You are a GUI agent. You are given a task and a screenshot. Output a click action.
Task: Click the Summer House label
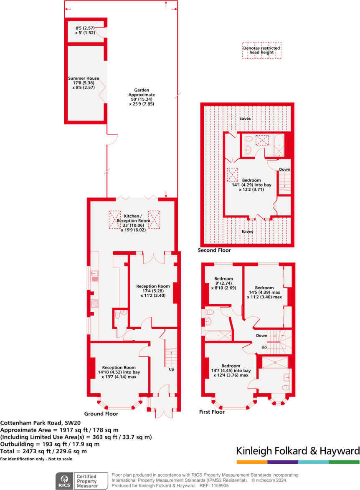84,83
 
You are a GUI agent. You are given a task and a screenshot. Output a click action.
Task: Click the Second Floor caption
214,250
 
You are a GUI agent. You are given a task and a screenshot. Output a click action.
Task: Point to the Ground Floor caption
101,414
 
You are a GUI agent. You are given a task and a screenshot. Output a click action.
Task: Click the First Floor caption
212,412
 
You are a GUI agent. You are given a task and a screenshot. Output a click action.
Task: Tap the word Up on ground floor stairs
171,369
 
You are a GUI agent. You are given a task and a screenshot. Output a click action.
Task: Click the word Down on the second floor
284,169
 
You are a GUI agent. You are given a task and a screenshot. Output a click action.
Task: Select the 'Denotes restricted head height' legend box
262,50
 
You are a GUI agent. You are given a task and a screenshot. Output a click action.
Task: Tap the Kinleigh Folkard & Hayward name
298,451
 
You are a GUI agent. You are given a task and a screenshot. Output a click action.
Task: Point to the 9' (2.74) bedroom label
222,283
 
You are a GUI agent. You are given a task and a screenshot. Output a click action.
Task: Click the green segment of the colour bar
344,462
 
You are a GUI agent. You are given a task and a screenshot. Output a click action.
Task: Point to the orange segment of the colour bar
252,462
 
